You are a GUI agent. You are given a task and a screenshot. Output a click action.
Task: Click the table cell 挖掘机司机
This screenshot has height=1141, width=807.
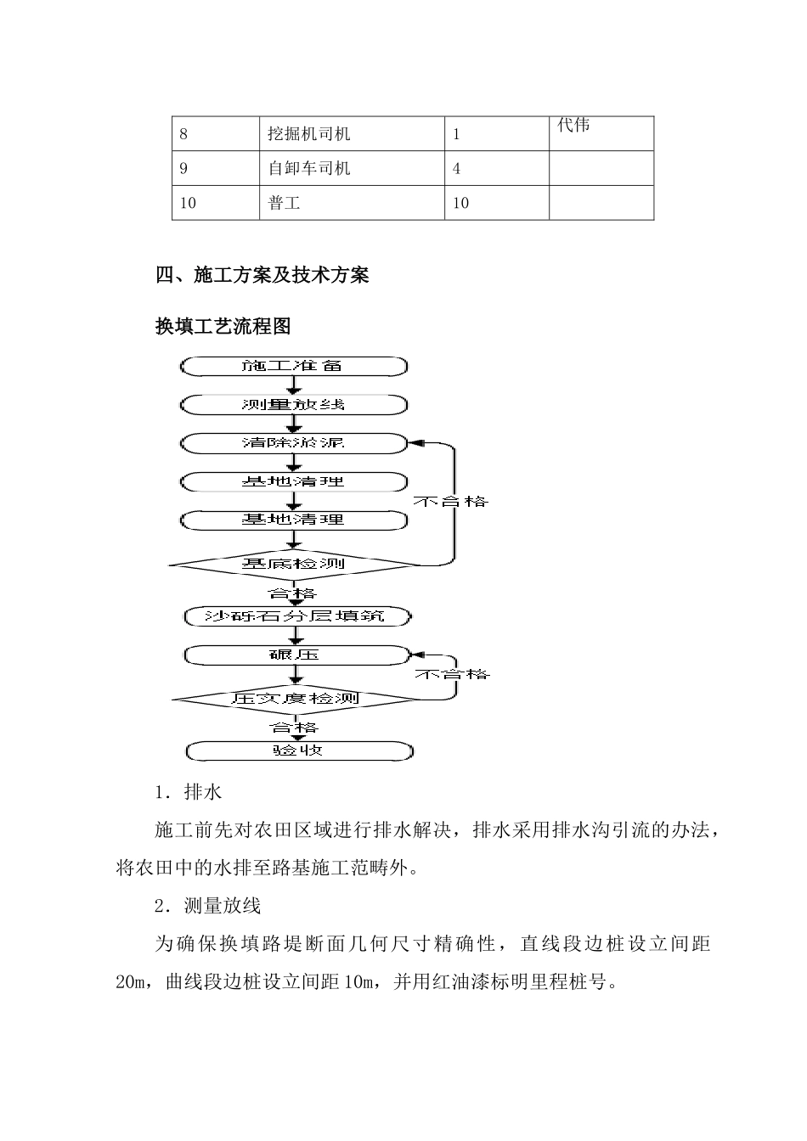pos(308,134)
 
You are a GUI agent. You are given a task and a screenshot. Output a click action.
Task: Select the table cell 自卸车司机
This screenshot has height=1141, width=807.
pos(308,168)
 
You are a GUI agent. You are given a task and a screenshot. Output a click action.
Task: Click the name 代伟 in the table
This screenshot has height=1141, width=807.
pos(573,126)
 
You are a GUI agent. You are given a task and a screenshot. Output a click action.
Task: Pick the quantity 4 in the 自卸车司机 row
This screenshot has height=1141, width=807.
pos(457,168)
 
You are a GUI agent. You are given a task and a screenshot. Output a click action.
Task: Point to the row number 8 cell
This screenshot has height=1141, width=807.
pos(184,134)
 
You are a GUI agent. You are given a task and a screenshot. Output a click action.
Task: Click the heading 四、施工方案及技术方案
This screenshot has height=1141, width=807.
pos(262,275)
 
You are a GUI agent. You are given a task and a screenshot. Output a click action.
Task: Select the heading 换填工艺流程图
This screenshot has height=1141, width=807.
pos(223,326)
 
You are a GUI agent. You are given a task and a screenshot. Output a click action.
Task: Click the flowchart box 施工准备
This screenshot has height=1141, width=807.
pos(293,366)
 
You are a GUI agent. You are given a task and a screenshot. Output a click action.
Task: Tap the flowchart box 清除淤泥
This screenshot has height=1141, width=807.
pos(293,442)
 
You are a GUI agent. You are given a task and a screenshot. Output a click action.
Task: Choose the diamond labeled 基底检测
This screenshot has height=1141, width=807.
pos(293,563)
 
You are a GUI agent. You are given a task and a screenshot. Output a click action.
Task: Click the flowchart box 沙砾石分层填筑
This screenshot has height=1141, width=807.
pos(296,615)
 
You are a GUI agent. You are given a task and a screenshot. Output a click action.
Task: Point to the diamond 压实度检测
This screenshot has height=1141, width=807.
pos(296,699)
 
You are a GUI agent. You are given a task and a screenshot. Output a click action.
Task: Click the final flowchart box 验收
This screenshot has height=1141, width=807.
pos(298,750)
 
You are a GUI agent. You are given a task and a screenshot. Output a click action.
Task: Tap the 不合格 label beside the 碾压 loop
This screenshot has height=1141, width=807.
pos(452,674)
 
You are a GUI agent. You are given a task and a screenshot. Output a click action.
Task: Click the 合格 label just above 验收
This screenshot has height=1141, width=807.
pos(294,728)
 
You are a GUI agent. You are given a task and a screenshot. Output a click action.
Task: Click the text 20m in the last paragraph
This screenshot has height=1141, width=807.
pos(133,981)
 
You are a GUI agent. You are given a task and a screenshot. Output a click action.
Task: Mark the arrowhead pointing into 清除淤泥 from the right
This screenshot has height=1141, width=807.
pos(415,442)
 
